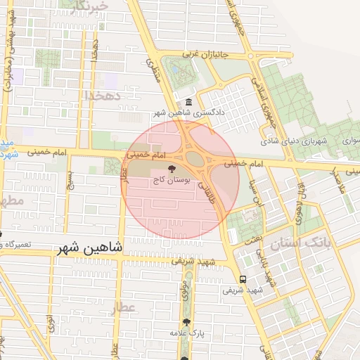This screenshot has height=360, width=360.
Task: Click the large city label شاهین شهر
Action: (88, 248)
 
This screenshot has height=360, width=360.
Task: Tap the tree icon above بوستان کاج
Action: (172, 168)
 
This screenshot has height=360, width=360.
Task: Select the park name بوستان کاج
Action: (172, 180)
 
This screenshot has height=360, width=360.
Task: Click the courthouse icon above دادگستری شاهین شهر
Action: (189, 103)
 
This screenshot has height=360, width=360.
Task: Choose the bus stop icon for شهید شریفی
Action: (243, 278)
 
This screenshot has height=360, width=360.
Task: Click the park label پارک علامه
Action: (186, 332)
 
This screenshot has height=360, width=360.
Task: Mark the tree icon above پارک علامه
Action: (186, 321)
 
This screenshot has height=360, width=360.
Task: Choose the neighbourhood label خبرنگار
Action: (91, 7)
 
